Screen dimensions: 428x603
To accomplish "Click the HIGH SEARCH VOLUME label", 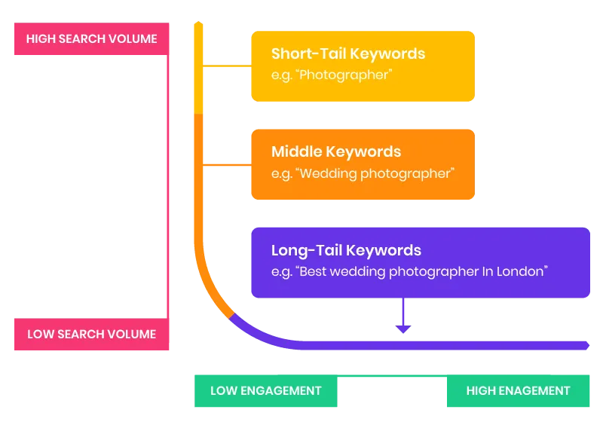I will [x=91, y=38].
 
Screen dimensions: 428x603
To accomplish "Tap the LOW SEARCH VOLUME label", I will [x=91, y=334].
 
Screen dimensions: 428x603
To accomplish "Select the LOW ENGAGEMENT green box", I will [x=265, y=390].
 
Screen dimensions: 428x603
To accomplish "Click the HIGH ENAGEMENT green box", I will [x=518, y=390].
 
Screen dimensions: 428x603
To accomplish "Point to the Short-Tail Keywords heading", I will [x=348, y=54].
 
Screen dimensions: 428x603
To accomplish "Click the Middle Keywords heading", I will [x=336, y=152].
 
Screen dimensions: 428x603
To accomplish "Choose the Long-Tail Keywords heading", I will [x=346, y=250].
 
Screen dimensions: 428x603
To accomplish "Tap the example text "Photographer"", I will [x=345, y=75].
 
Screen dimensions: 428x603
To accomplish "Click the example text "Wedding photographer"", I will [x=375, y=173].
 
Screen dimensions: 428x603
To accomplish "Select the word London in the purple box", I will [x=519, y=271].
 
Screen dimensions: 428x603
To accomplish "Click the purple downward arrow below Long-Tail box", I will [x=403, y=317].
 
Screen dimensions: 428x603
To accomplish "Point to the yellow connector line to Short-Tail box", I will [x=226, y=66].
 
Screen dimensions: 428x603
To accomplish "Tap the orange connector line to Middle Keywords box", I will [x=226, y=165].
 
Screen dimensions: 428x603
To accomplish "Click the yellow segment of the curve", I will [x=199, y=68].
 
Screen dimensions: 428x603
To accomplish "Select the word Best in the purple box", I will [x=314, y=271].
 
